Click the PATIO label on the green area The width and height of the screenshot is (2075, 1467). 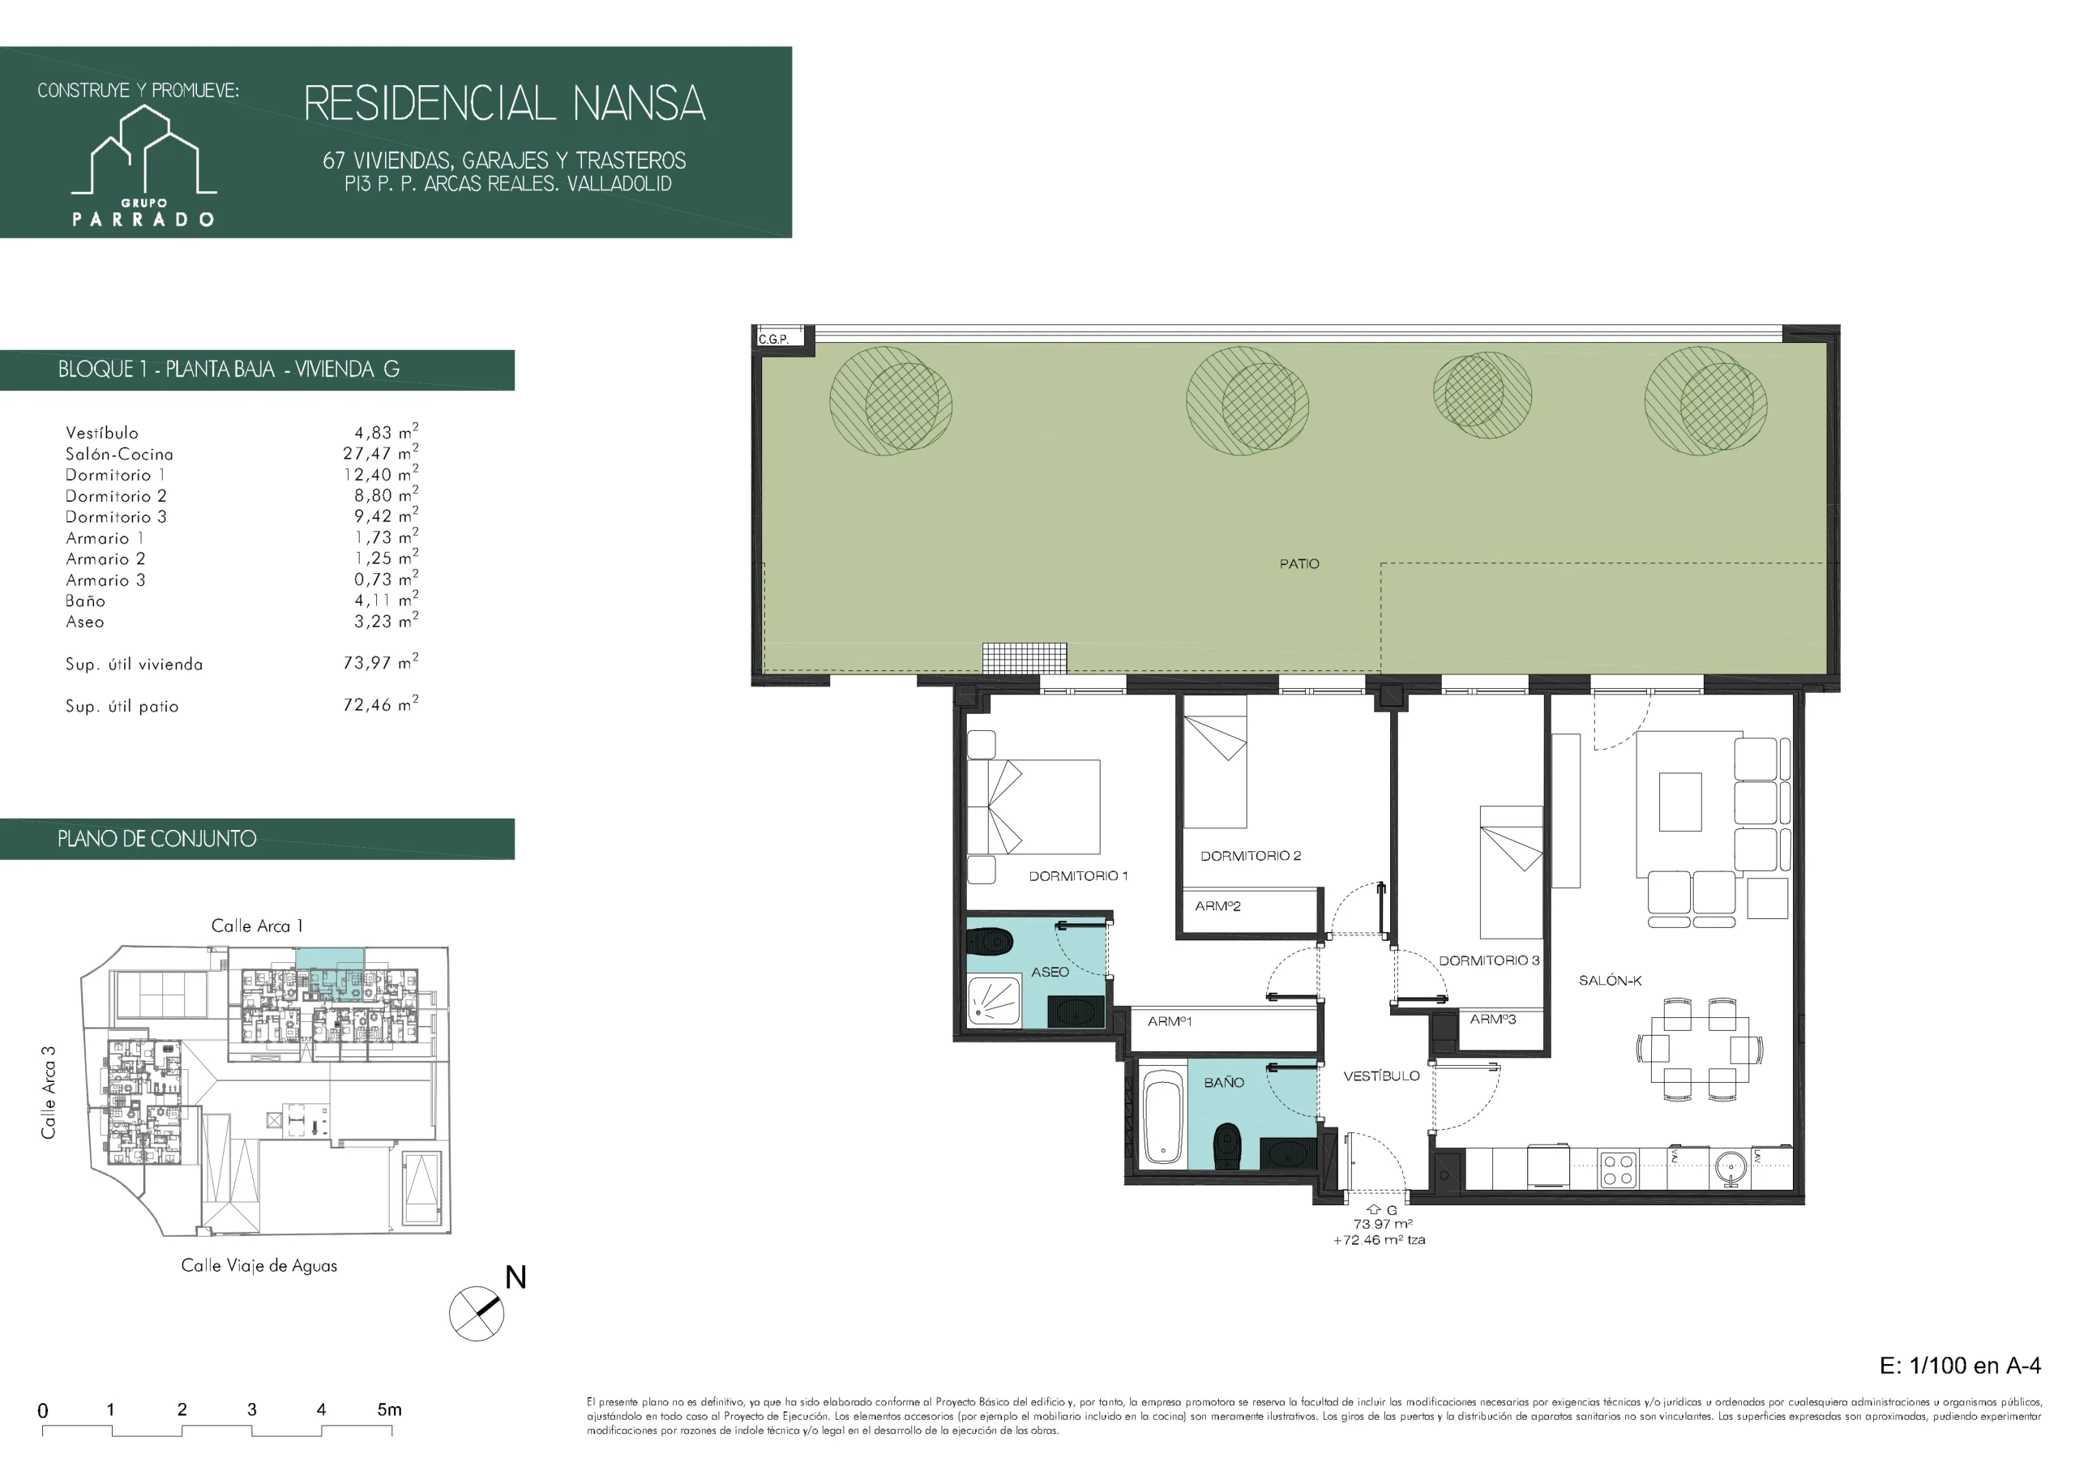(x=1298, y=564)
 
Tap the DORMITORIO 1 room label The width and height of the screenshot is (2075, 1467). (x=1078, y=876)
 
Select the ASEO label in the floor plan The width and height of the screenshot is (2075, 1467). (x=1050, y=973)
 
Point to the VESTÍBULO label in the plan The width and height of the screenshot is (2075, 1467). (x=1381, y=1076)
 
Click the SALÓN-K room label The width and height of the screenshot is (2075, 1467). (x=1611, y=981)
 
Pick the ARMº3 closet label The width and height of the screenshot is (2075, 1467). (x=1493, y=1020)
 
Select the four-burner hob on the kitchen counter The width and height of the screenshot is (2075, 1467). (x=1618, y=1170)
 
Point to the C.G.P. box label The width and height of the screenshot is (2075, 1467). (x=773, y=340)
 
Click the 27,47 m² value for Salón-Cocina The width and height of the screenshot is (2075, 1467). (x=380, y=453)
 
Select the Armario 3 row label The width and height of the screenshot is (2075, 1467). (x=105, y=580)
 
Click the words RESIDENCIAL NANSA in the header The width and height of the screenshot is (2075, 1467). (x=504, y=103)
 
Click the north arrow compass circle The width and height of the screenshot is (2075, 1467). (x=477, y=1313)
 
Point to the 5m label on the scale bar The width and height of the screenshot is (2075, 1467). (x=390, y=1409)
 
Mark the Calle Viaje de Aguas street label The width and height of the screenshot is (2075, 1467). (x=259, y=1265)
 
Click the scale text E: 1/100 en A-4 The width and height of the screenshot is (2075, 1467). (x=1960, y=1366)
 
